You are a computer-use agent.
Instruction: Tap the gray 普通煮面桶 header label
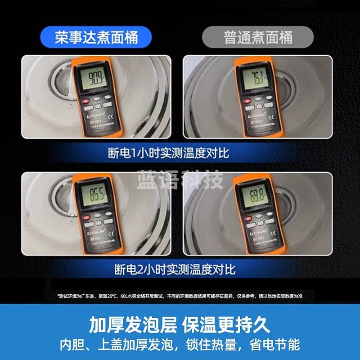pos(258,37)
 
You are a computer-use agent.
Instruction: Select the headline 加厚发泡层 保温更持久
pos(180,324)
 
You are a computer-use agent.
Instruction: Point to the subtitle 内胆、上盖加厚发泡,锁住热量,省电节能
pos(180,345)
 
